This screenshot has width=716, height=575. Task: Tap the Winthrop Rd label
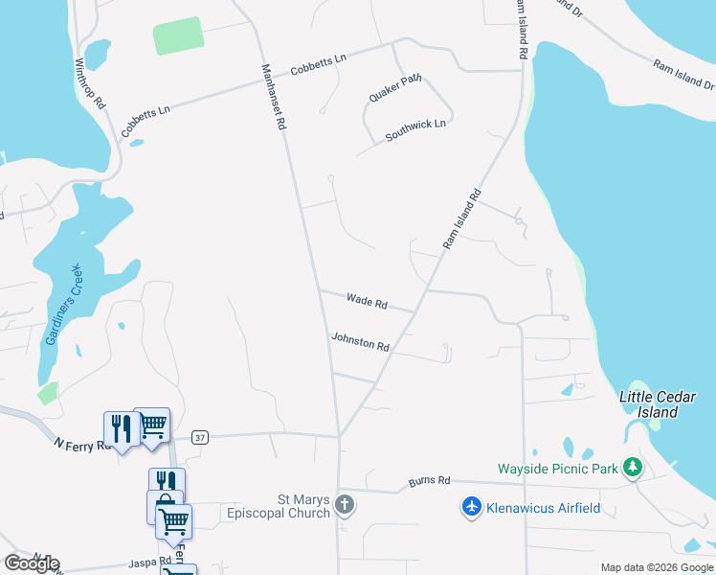90,85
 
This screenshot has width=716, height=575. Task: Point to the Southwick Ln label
415,130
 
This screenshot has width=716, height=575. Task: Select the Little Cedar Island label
649,404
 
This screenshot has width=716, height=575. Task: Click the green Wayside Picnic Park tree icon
632,468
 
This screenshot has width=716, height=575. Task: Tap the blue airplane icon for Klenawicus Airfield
471,507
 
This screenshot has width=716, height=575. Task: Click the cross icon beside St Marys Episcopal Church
345,505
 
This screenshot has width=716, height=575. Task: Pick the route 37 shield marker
199,437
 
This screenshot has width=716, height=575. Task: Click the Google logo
32,563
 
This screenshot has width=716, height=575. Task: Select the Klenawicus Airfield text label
544,508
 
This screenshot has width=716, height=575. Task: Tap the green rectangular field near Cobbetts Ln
179,35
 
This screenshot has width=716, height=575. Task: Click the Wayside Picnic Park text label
558,469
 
